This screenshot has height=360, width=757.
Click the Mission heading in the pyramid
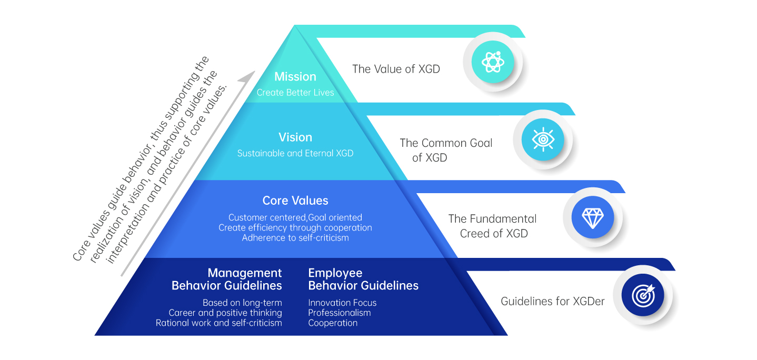(x=295, y=77)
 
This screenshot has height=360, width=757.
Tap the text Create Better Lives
(x=295, y=93)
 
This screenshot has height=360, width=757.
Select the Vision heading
(x=295, y=137)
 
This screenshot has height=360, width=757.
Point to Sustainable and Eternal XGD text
(x=295, y=154)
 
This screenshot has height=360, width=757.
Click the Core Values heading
(x=295, y=201)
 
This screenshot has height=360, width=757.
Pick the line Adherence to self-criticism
(x=295, y=238)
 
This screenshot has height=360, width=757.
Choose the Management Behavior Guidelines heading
(x=227, y=279)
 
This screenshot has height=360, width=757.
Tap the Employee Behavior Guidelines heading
(x=363, y=279)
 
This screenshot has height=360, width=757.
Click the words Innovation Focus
(x=342, y=303)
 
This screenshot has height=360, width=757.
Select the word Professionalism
(x=340, y=313)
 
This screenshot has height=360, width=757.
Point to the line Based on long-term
(x=242, y=303)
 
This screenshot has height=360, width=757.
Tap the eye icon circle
(x=543, y=140)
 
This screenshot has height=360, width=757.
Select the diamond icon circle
(x=593, y=217)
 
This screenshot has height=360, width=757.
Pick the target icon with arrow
(x=643, y=295)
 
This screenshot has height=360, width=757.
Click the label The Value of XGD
(x=396, y=69)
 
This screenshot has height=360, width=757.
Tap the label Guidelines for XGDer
(x=553, y=302)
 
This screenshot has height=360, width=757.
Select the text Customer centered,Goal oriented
(x=295, y=217)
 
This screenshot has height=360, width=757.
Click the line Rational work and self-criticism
(x=219, y=323)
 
